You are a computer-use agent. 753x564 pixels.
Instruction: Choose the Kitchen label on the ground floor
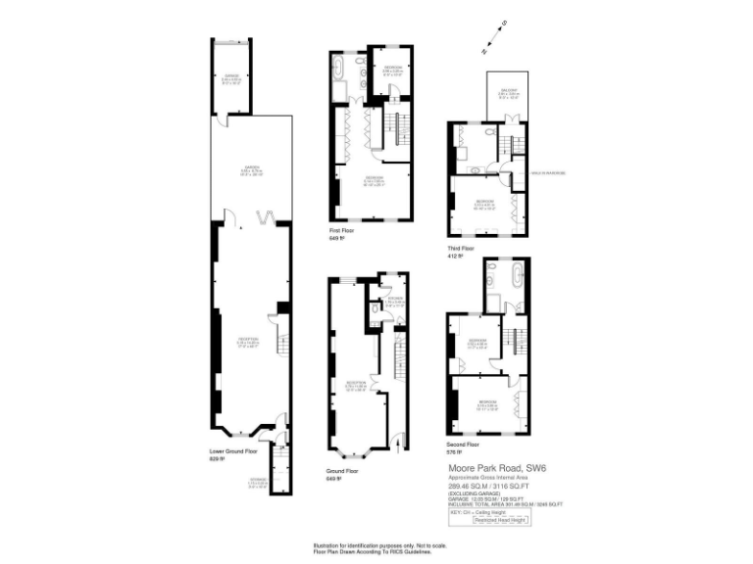(x=395, y=302)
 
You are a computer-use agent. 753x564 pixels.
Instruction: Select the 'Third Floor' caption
(x=460, y=250)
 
